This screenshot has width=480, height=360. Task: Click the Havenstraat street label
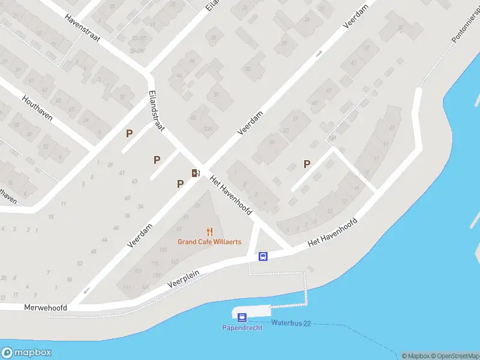click(x=83, y=28)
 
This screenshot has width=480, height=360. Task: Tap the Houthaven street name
click(x=38, y=108)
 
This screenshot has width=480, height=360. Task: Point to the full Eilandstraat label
click(x=157, y=111)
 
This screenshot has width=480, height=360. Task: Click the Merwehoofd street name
click(x=45, y=307)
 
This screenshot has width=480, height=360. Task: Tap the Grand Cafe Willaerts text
click(x=209, y=242)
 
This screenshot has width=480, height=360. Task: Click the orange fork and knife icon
click(x=209, y=232)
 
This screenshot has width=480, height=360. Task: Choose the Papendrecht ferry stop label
click(x=242, y=328)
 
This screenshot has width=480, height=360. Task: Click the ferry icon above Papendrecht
click(x=242, y=317)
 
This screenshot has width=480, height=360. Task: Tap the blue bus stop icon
click(x=263, y=256)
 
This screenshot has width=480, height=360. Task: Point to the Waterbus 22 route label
click(x=290, y=323)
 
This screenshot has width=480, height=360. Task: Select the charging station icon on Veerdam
click(x=195, y=173)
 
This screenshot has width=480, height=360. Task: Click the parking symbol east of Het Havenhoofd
click(x=307, y=163)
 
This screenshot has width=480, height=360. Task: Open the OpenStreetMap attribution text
click(x=454, y=356)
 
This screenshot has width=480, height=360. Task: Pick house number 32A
click(x=208, y=128)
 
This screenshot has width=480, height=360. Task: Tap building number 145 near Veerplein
click(x=175, y=262)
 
